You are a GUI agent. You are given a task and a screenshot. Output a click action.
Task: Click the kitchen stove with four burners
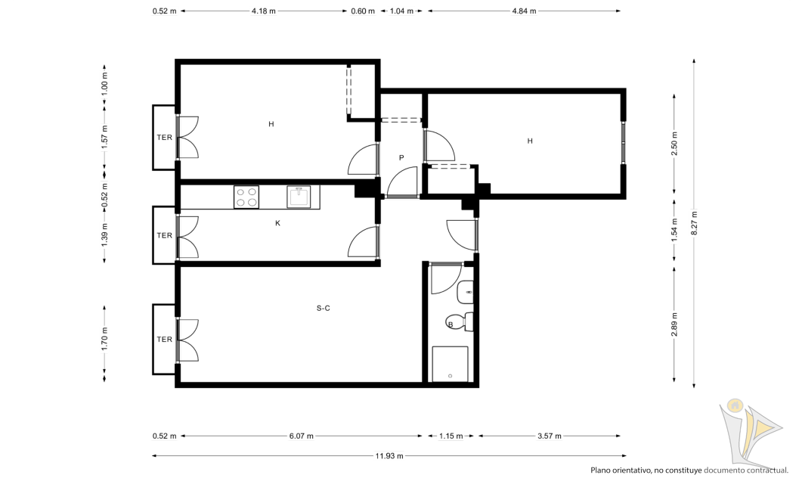[246, 197]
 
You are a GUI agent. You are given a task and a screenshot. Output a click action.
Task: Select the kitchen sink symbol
[298, 197]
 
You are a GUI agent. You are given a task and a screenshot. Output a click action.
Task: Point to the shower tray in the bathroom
[450, 364]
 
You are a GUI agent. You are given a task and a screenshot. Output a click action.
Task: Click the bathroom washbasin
[465, 292]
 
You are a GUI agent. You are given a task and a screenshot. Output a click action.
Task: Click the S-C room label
[323, 308]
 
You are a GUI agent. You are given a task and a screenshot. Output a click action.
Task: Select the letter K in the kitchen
[277, 223]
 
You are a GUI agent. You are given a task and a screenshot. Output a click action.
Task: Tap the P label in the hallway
[401, 158]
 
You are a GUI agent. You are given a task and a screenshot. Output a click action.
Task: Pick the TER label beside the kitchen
[164, 235]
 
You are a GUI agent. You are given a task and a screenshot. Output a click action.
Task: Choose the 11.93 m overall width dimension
[389, 456]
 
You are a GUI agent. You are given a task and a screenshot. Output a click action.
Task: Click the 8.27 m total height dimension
[694, 223]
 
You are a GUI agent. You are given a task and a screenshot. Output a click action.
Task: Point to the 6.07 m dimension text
[301, 436]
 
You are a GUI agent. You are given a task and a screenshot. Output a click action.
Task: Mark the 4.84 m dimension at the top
[524, 11]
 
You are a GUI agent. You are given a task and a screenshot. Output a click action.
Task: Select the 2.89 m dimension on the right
[674, 324]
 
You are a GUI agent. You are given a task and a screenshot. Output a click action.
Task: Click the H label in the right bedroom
[530, 141]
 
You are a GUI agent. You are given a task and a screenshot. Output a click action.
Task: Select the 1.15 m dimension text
[451, 436]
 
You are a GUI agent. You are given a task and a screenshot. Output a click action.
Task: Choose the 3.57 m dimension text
[550, 436]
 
